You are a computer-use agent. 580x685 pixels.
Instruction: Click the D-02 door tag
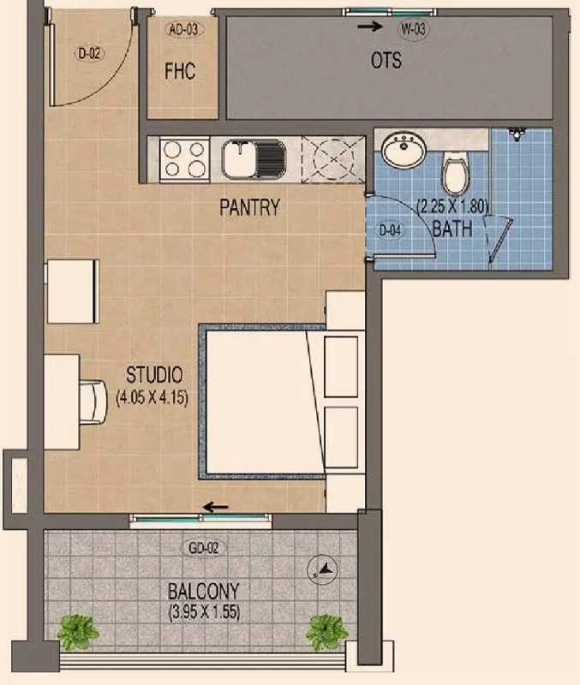point(90,54)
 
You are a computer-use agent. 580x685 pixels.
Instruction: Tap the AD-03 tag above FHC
point(183,30)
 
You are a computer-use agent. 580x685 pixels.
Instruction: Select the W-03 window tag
point(413,29)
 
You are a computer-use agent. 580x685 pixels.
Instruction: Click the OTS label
point(386,60)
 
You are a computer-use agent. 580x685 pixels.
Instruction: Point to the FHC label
point(180,71)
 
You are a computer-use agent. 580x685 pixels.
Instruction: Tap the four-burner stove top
point(184,159)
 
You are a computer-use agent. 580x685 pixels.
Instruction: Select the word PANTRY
point(249,207)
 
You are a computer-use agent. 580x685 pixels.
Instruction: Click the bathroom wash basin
point(404,149)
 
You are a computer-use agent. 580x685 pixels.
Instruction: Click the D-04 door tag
point(390,230)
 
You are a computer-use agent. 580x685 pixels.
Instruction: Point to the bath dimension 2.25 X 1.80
point(452,205)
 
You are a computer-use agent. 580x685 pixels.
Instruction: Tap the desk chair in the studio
point(93,402)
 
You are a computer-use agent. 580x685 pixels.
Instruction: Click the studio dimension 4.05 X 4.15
point(152,398)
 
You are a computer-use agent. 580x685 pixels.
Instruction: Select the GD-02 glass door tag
point(204,548)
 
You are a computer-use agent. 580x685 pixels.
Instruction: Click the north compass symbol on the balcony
point(323,569)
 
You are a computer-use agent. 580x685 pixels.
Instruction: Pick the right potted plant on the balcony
point(326,632)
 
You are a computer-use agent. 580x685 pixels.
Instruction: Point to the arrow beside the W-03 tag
point(370,27)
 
